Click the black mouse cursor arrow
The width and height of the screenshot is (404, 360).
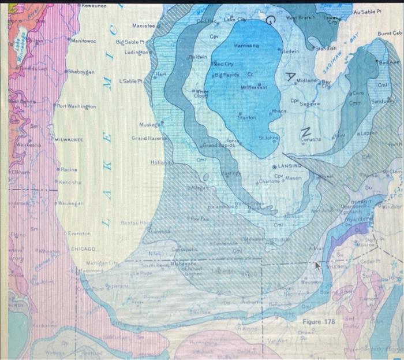[317, 266]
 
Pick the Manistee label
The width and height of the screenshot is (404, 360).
[144, 26]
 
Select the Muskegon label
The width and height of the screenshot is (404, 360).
[151, 124]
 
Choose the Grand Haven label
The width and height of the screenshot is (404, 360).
[148, 138]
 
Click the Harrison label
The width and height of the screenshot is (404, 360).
[249, 45]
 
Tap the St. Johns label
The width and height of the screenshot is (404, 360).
[268, 138]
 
